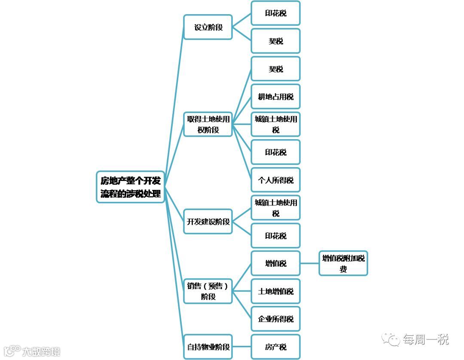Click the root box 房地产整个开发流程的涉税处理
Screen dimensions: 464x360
pyautogui.click(x=131, y=187)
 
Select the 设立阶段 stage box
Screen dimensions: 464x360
pyautogui.click(x=208, y=27)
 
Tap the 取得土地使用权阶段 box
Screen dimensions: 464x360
pyautogui.click(x=208, y=124)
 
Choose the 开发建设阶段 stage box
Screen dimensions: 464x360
pyautogui.click(x=208, y=222)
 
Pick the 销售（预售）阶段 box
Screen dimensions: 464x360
pyautogui.click(x=208, y=291)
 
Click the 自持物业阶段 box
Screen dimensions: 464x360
pyautogui.click(x=208, y=347)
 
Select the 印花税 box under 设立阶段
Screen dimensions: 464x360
pyautogui.click(x=275, y=13)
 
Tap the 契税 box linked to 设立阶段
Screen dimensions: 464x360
pyautogui.click(x=275, y=41)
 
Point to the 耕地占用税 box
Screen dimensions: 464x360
pyautogui.click(x=275, y=97)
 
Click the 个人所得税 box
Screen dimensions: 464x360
pyautogui.click(x=275, y=180)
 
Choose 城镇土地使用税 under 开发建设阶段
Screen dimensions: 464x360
pyautogui.click(x=275, y=207)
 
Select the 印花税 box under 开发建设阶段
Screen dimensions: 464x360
pyautogui.click(x=275, y=235)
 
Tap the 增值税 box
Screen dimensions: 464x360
pyautogui.click(x=275, y=263)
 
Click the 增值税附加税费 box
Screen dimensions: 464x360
pyautogui.click(x=343, y=263)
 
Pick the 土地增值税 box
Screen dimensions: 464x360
pyautogui.click(x=275, y=291)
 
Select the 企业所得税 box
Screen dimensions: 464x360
pyautogui.click(x=275, y=319)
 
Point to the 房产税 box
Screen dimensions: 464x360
pyautogui.click(x=275, y=347)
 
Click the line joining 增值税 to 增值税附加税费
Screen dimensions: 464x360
pyautogui.click(x=309, y=263)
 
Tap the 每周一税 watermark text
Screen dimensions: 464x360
pyautogui.click(x=425, y=339)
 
